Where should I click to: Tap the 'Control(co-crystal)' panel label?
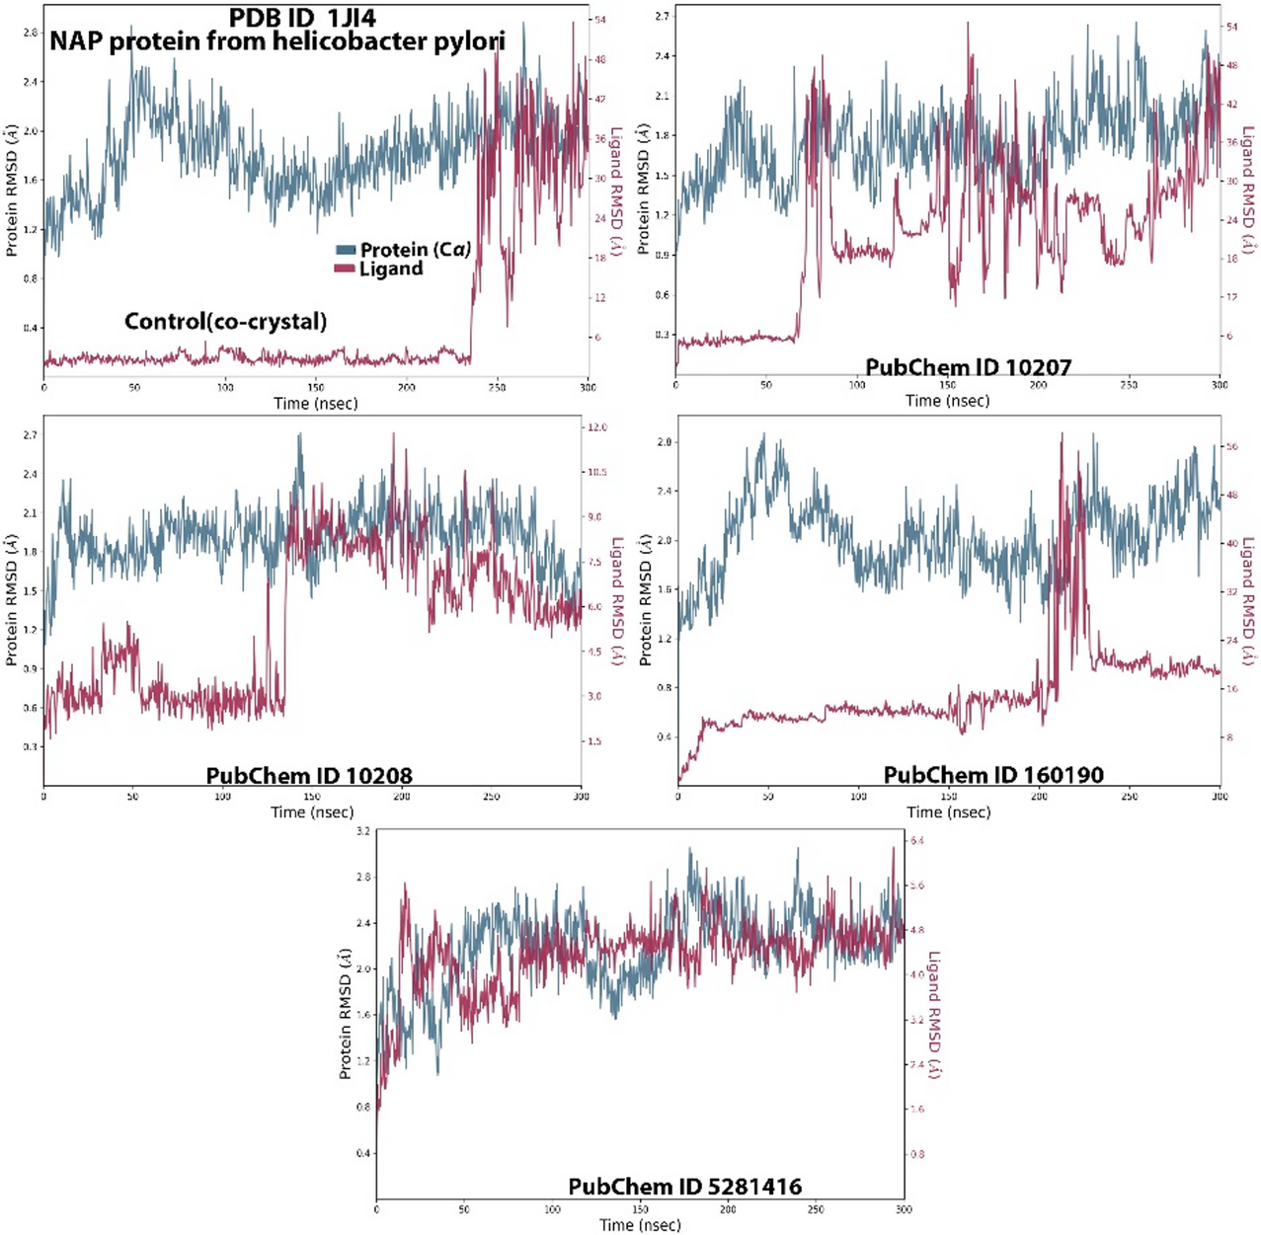click(x=225, y=321)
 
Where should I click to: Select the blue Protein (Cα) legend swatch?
click(x=346, y=250)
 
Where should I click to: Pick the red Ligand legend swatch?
click(x=345, y=269)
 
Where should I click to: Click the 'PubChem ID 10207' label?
click(x=968, y=367)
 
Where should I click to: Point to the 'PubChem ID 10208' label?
click(x=309, y=776)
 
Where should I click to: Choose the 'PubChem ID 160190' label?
click(x=993, y=775)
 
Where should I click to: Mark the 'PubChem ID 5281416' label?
click(x=684, y=1187)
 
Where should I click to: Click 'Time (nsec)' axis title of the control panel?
click(x=315, y=403)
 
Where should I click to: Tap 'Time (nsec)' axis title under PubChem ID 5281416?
click(x=640, y=1225)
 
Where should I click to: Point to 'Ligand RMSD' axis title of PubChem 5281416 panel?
click(x=933, y=1015)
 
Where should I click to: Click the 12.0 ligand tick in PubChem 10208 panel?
click(x=596, y=427)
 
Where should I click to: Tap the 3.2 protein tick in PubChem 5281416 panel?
click(x=362, y=831)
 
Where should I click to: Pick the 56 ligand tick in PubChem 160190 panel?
click(x=1231, y=446)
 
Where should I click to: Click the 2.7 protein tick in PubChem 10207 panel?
click(x=661, y=17)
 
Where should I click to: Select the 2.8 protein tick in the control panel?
click(x=30, y=33)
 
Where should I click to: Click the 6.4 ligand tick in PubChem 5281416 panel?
click(x=916, y=840)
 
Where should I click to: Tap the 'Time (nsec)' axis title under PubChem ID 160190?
click(x=948, y=812)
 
